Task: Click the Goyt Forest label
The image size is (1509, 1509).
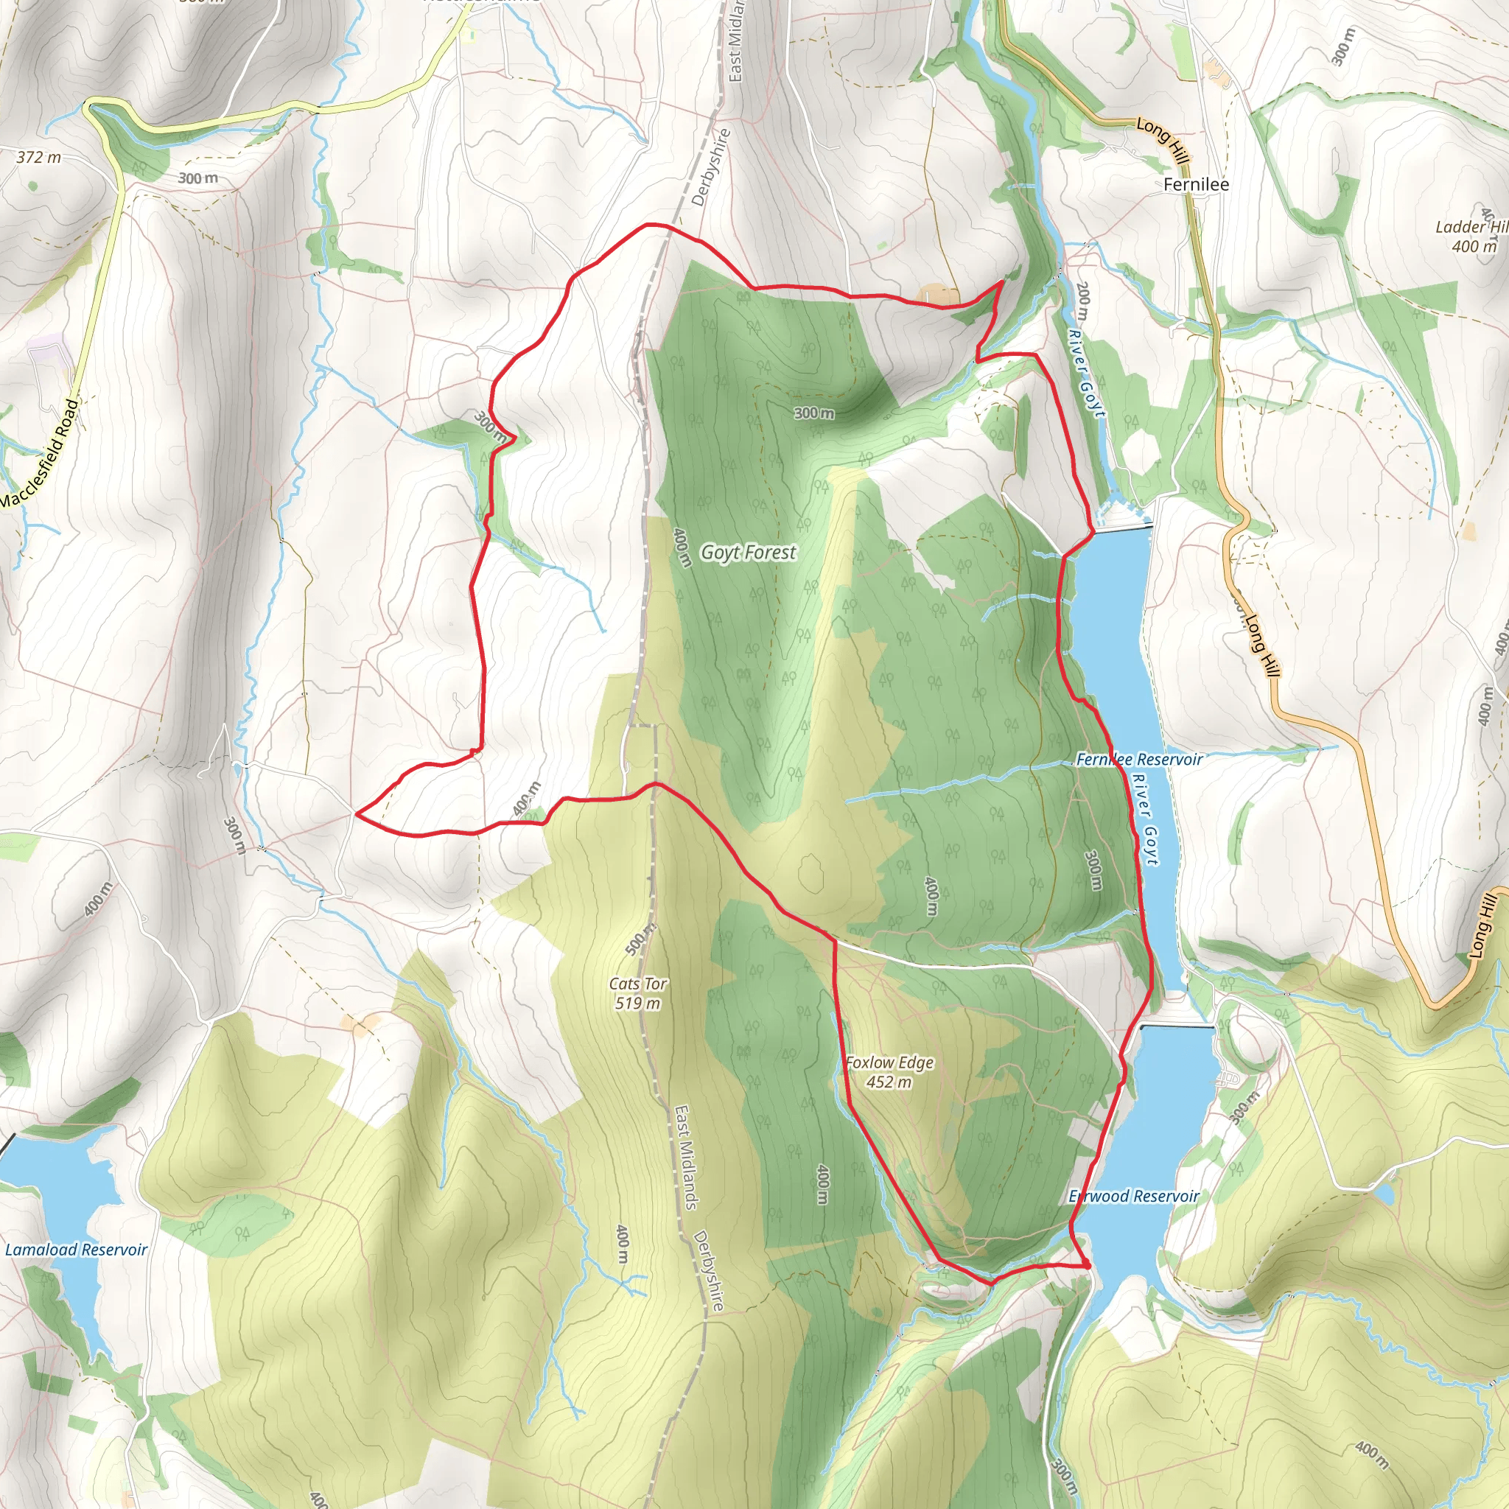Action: click(749, 552)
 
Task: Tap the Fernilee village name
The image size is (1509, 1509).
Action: click(1196, 184)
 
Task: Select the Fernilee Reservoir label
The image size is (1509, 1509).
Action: click(1139, 759)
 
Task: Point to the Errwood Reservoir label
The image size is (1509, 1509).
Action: click(1133, 1196)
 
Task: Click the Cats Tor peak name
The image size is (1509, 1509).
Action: click(638, 984)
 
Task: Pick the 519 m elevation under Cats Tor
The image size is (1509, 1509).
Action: click(638, 1003)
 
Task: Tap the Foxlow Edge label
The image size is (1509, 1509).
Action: click(889, 1062)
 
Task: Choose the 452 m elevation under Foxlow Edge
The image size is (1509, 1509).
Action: click(889, 1082)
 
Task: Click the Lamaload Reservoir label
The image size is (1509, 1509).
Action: click(76, 1249)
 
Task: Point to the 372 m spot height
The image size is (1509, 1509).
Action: click(38, 157)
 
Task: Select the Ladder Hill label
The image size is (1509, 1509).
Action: click(1471, 226)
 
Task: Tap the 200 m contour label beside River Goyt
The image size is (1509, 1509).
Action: click(1082, 301)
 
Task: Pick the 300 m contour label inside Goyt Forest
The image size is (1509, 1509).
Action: click(814, 413)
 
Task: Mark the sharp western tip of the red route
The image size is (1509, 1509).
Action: click(356, 813)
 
